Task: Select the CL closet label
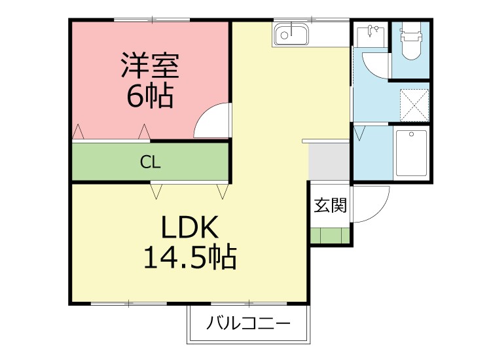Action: [150, 162]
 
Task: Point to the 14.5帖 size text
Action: [189, 259]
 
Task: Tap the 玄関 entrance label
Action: [329, 205]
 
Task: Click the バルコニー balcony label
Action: [248, 323]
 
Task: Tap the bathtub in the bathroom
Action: [411, 153]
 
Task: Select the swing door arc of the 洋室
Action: [211, 121]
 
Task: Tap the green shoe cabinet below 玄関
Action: [329, 235]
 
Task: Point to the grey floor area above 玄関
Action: [329, 161]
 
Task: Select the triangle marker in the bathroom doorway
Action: [359, 134]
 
